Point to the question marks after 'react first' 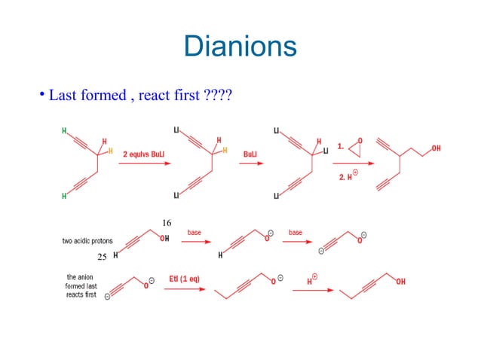pos(218,97)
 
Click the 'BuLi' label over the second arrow pos(253,154)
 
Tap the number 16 pos(167,222)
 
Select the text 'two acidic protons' pos(87,241)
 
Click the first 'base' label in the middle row pos(195,233)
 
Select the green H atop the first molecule pos(63,130)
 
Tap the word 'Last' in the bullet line pos(63,97)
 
